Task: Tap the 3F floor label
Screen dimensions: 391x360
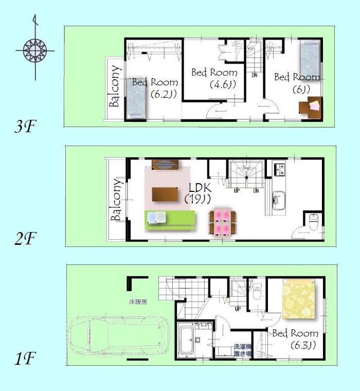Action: tap(24, 127)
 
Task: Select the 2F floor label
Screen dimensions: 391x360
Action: tap(24, 238)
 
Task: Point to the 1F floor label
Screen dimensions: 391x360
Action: tap(24, 358)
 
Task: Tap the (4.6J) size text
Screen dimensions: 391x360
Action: tap(222, 84)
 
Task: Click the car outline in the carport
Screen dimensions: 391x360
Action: tap(120, 337)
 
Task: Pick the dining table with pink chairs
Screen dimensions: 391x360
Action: tap(223, 222)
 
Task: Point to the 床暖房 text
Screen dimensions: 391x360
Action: tap(138, 302)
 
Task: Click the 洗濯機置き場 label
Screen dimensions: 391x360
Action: tap(242, 350)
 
